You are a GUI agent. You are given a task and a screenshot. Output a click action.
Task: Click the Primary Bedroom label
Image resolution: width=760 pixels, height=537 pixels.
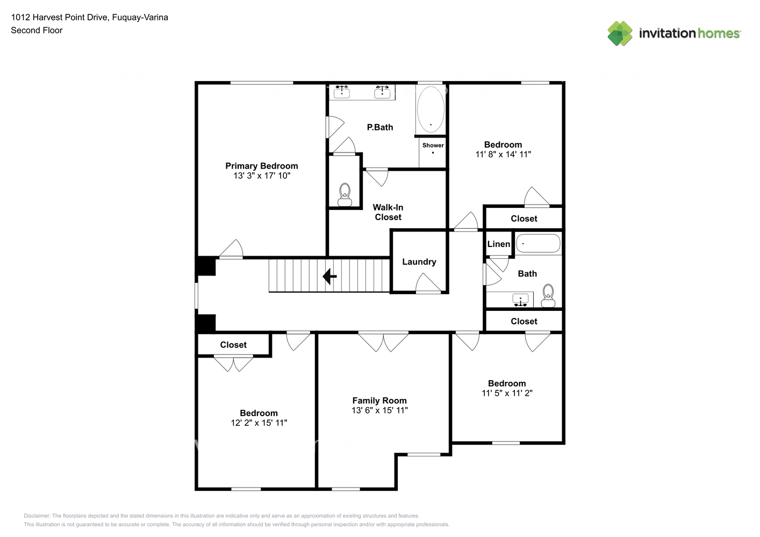tap(261, 166)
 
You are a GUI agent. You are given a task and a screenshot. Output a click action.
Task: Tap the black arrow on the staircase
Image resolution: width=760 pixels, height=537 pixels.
tap(329, 277)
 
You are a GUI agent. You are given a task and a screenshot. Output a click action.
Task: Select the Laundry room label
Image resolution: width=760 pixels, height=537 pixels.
tap(419, 262)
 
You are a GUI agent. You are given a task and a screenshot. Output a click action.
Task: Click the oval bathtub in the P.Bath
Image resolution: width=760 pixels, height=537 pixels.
tap(431, 109)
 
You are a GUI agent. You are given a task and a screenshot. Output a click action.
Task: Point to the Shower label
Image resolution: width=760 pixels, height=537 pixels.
tap(433, 145)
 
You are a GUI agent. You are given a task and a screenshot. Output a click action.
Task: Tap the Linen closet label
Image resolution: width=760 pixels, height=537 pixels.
tap(498, 244)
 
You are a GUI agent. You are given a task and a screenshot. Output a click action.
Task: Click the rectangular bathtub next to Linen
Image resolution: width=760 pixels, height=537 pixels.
tap(538, 243)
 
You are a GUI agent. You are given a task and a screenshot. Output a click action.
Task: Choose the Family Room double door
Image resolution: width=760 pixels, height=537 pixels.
tap(383, 341)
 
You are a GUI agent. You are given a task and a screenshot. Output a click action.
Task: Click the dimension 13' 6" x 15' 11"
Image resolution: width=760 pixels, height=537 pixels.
tap(379, 410)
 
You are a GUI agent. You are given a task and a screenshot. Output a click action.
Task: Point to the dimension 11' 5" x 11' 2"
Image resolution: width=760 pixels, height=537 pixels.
tap(507, 393)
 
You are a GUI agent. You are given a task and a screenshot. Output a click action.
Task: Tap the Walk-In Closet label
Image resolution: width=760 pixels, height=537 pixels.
tap(388, 212)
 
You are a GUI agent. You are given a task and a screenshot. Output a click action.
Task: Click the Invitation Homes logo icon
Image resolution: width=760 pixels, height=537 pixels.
tap(620, 33)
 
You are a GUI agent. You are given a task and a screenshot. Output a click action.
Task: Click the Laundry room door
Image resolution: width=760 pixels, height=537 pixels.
tap(428, 284)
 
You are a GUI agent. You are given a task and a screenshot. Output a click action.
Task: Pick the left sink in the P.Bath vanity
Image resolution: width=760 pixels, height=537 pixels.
tap(342, 92)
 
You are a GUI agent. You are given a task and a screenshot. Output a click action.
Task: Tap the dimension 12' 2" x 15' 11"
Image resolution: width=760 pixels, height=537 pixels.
tap(259, 423)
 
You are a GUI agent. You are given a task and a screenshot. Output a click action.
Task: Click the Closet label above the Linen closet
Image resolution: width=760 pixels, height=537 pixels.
tap(524, 219)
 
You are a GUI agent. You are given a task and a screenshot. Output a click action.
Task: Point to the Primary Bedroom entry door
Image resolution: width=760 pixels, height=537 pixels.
tap(232, 250)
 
